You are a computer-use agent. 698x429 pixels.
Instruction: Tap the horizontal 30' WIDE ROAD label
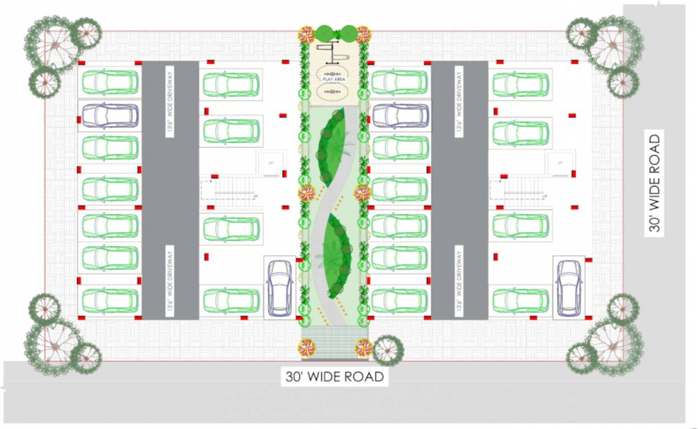[335, 377]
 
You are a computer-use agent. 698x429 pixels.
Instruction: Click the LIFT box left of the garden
[271, 163]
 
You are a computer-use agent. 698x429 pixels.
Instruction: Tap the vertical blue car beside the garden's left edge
[279, 288]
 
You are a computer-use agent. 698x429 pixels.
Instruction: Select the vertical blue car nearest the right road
[569, 288]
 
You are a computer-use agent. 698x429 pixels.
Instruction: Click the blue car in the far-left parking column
[110, 116]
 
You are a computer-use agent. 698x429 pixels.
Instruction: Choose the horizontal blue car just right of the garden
[400, 116]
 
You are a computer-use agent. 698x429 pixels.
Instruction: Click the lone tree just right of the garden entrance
[388, 350]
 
